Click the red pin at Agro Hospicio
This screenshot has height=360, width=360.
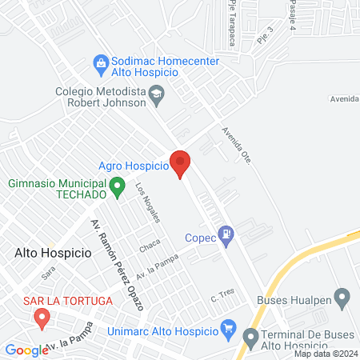181,163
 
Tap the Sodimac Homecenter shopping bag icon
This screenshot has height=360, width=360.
101,62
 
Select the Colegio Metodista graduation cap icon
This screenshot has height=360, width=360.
157,97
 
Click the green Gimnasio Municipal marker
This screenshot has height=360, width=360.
118,189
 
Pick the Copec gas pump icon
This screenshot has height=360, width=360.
228,234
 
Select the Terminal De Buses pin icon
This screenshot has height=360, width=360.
251,337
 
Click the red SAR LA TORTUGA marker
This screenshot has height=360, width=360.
41,319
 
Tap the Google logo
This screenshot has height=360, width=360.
26,350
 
